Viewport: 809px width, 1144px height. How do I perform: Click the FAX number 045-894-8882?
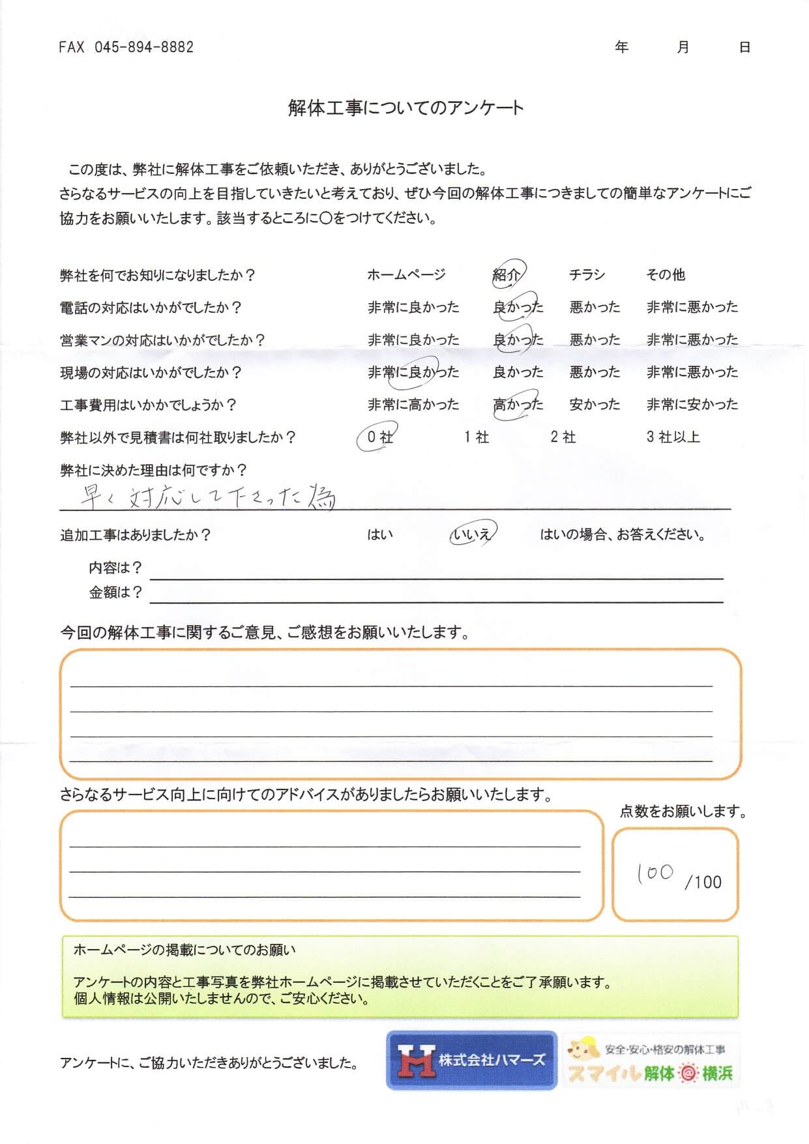[x=126, y=47]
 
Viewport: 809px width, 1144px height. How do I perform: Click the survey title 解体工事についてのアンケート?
[x=405, y=108]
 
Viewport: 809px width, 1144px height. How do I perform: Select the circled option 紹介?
[x=507, y=274]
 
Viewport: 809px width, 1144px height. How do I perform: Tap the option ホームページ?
[x=406, y=274]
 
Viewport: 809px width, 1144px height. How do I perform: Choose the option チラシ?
[x=587, y=274]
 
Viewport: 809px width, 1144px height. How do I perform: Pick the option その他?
[x=665, y=274]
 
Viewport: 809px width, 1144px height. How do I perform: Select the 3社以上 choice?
[x=673, y=437]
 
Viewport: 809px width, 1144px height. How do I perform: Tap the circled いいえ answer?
[x=471, y=535]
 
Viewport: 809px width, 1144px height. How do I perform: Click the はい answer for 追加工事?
[x=380, y=535]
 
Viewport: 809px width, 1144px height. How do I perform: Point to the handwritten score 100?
[x=655, y=873]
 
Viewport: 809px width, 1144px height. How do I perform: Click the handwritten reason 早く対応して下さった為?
[x=207, y=497]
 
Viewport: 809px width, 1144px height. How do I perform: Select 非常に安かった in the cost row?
[x=692, y=404]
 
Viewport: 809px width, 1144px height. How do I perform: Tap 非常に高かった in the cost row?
[x=413, y=404]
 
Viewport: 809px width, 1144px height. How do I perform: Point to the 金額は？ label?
[x=115, y=592]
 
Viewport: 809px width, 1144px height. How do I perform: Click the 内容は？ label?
[x=115, y=568]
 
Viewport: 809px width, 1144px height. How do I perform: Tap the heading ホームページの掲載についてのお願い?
[x=184, y=950]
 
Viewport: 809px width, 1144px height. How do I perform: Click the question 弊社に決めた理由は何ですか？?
[x=153, y=469]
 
